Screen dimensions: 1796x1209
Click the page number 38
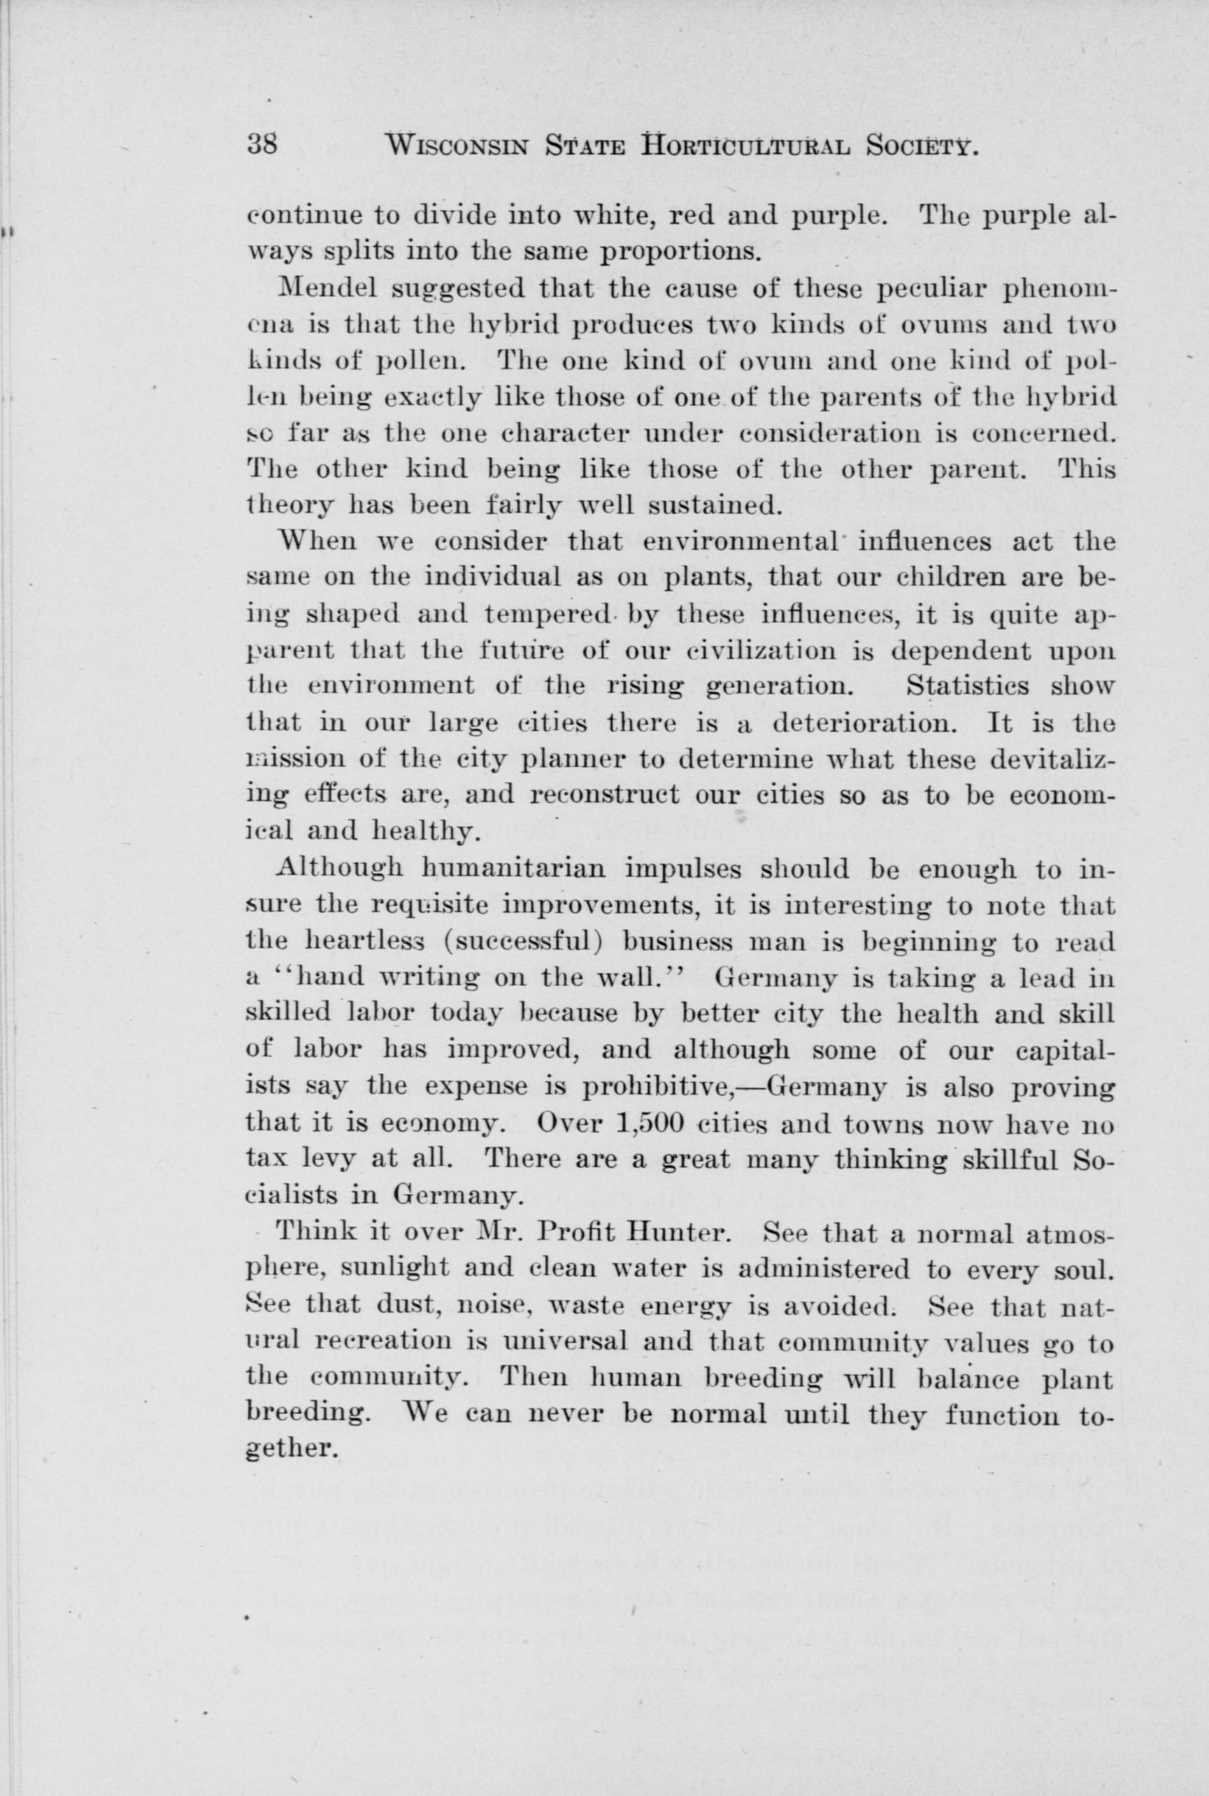point(262,144)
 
